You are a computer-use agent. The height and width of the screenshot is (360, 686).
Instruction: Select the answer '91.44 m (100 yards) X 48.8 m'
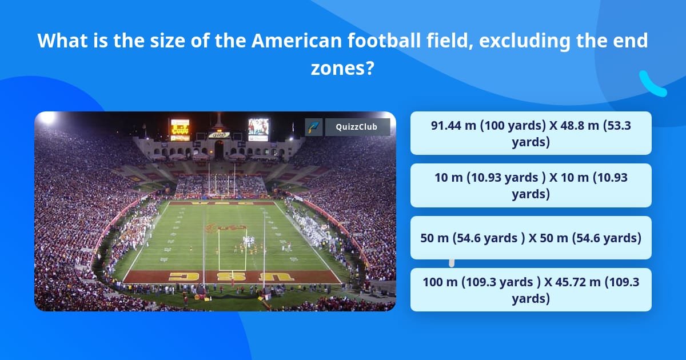(531, 133)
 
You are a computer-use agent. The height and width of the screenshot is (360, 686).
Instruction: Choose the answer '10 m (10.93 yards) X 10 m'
(531, 186)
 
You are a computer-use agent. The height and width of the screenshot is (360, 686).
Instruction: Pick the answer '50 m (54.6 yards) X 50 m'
(531, 238)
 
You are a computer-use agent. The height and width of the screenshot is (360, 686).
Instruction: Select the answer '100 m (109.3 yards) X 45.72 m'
(531, 290)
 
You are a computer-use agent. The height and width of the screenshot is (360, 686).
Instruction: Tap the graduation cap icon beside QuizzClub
(314, 127)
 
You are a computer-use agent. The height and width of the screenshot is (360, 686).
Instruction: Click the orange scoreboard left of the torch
(180, 130)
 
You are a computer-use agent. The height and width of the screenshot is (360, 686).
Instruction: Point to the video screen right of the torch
(258, 129)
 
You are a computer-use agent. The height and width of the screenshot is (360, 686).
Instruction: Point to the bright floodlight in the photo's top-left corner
(45, 119)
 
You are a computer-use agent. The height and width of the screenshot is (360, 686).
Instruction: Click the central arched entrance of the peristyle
(219, 150)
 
